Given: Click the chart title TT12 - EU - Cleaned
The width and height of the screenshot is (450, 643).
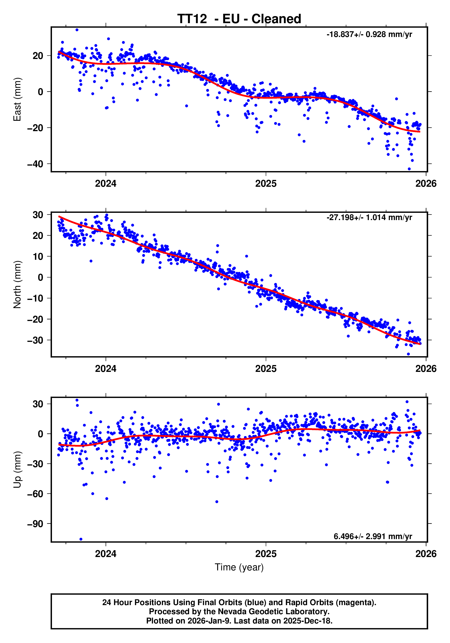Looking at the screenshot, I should [x=239, y=19].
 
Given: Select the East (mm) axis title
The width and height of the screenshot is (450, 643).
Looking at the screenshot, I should [x=17, y=99].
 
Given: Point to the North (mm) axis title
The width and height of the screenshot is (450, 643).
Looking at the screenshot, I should [x=17, y=285].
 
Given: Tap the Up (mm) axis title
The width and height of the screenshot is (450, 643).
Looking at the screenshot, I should [x=17, y=470].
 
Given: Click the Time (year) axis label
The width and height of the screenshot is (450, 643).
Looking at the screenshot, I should [x=239, y=567].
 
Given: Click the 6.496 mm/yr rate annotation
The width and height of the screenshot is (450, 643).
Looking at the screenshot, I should [x=373, y=536].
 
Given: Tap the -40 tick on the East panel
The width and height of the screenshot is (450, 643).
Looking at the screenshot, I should [x=35, y=164].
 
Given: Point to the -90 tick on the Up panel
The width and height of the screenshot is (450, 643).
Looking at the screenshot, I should [x=35, y=524].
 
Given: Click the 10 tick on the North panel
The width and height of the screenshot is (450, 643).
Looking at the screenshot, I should [x=38, y=256].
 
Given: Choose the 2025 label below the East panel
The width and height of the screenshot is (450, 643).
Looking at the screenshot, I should [x=266, y=184].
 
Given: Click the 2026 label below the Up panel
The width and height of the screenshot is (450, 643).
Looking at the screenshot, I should [x=426, y=554].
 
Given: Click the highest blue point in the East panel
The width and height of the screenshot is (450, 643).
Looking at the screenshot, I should [x=77, y=30].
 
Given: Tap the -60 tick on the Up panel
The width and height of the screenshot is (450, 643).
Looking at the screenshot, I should [x=35, y=494].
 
